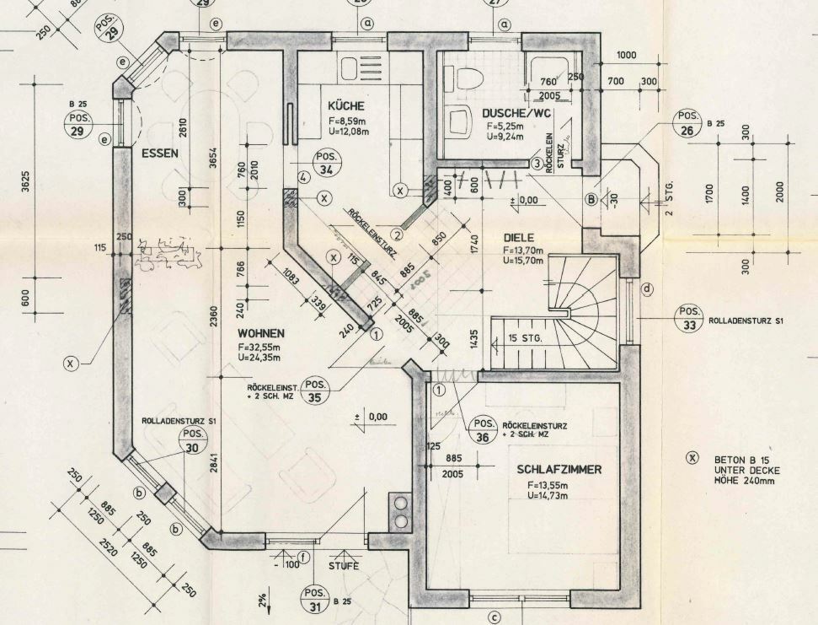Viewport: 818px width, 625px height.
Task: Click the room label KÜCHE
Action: coord(346,106)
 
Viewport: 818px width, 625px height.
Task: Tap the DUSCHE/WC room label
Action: coord(516,113)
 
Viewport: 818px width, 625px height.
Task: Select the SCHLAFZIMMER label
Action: coord(559,469)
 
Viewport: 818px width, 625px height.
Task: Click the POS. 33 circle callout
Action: coord(689,317)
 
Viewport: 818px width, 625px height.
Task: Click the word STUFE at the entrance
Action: coord(343,565)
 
